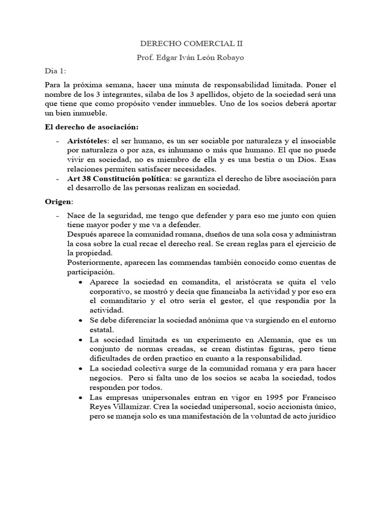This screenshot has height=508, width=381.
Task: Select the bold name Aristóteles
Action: point(87,141)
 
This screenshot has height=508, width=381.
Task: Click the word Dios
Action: point(306,160)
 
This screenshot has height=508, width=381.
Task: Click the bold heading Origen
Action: point(58,202)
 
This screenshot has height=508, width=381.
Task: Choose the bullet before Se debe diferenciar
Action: point(80,320)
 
